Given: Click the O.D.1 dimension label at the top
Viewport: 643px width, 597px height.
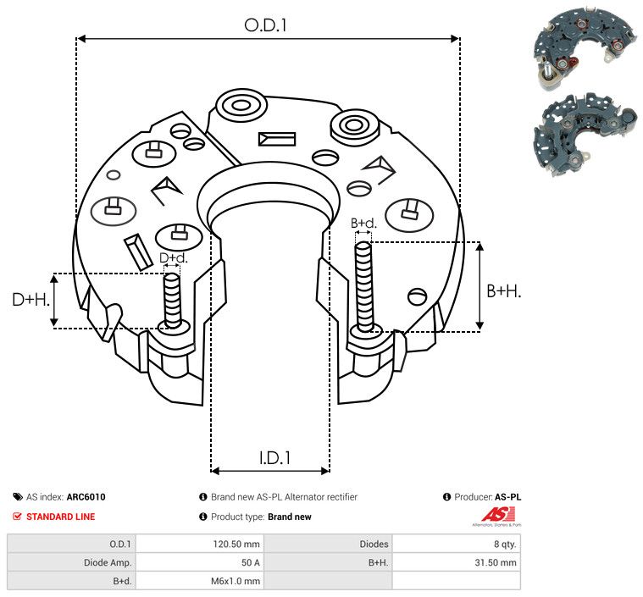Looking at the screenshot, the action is pyautogui.click(x=265, y=25).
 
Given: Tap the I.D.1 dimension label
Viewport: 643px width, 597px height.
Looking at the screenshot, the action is pyautogui.click(x=274, y=457).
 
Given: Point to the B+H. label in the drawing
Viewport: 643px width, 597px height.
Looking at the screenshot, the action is pyautogui.click(x=503, y=291).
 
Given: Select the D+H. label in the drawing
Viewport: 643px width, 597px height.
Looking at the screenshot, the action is pyautogui.click(x=30, y=300).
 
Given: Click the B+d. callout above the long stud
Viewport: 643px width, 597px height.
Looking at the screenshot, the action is pyautogui.click(x=363, y=223).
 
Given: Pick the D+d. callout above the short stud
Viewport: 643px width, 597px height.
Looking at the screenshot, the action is pyautogui.click(x=173, y=258).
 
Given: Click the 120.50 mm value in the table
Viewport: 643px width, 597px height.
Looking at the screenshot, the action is pyautogui.click(x=236, y=544).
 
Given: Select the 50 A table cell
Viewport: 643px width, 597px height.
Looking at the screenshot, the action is pyautogui.click(x=251, y=562).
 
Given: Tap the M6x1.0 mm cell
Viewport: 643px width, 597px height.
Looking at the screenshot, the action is pyautogui.click(x=236, y=581).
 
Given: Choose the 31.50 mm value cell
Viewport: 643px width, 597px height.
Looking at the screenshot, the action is pyautogui.click(x=496, y=562).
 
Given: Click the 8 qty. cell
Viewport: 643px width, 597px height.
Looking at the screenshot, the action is pyautogui.click(x=505, y=544).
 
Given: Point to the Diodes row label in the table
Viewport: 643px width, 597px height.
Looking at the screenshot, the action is pyautogui.click(x=374, y=544).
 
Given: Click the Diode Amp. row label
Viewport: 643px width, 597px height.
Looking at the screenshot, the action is pyautogui.click(x=108, y=562).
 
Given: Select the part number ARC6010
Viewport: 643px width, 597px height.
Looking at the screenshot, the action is pyautogui.click(x=86, y=497).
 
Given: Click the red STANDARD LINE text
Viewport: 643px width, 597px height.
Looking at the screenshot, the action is pyautogui.click(x=61, y=517).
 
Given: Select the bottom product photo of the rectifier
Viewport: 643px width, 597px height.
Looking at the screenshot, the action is pyautogui.click(x=585, y=134).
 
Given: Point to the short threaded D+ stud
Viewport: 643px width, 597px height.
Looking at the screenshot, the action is pyautogui.click(x=172, y=301).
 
